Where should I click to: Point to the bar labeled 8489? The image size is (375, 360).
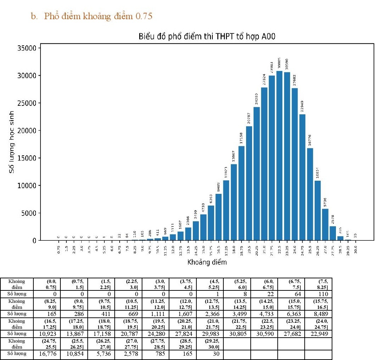pos(219,217)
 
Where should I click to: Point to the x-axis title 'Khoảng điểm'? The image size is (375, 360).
pos(207,263)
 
